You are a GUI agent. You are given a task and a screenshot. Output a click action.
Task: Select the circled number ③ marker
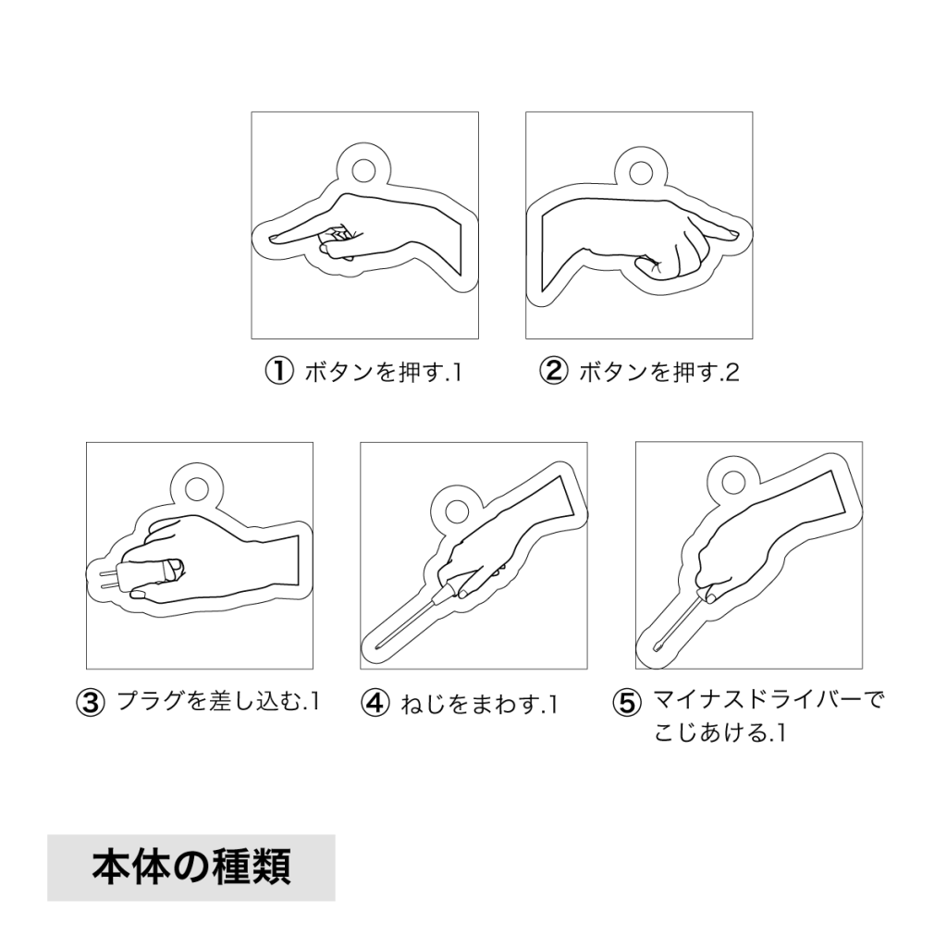90,703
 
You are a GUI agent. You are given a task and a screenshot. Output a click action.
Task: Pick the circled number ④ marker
375,703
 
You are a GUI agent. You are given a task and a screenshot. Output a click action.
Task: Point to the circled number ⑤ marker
627,703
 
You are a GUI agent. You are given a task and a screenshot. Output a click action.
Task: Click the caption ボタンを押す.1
384,372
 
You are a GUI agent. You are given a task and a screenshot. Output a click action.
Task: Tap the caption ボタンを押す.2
658,372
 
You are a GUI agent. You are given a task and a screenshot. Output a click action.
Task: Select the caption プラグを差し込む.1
218,701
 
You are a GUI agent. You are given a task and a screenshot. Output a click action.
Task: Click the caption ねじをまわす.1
479,704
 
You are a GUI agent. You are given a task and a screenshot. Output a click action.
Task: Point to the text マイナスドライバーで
769,701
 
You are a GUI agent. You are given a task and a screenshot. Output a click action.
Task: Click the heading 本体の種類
191,867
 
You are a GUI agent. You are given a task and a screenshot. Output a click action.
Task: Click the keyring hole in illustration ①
363,170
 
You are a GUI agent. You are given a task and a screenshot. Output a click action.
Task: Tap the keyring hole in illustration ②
640,173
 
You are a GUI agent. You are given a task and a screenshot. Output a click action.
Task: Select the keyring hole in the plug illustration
197,488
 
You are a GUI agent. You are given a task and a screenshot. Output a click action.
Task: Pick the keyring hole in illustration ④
457,510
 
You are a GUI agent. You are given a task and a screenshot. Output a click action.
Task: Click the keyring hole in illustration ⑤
733,482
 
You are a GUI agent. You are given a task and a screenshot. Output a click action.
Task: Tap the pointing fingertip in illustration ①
272,238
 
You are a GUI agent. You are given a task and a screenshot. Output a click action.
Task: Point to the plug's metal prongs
107,579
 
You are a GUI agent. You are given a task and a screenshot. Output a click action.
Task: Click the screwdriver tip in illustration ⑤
657,648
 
